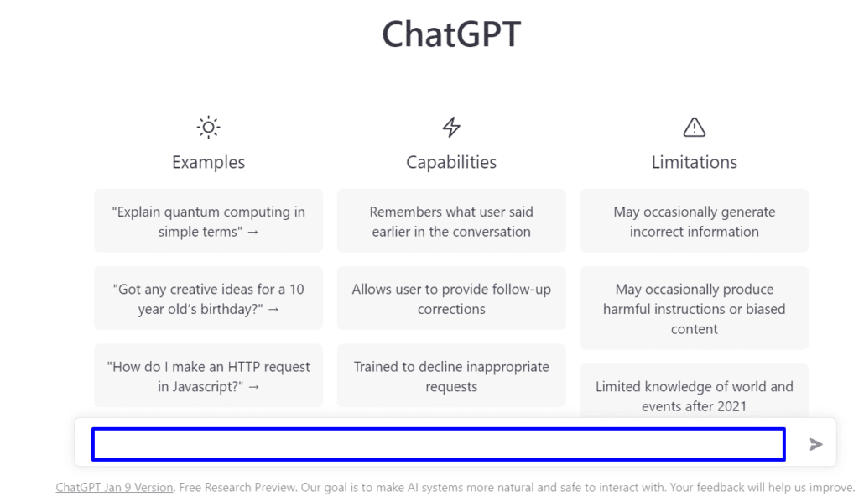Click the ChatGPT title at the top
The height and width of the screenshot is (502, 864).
451,34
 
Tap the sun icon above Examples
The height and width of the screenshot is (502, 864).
208,128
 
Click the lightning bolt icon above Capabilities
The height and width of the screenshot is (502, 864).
451,127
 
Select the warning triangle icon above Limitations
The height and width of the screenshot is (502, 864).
695,128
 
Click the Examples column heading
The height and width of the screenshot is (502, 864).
208,162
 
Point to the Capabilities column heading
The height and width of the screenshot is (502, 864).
451,162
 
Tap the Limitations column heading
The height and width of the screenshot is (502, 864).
695,162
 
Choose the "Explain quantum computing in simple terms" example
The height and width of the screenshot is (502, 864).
208,221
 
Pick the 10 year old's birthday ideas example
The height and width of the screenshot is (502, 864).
208,299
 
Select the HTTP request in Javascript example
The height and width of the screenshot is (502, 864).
208,376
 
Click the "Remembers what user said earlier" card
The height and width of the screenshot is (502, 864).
451,221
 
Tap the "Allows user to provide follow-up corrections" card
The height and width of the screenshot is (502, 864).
451,299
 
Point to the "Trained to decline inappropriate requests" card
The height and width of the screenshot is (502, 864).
451,376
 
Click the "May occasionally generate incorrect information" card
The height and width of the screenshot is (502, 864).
695,221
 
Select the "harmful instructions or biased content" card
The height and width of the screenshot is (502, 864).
695,308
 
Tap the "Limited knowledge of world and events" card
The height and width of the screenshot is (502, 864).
695,391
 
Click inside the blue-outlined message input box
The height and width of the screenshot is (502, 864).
439,444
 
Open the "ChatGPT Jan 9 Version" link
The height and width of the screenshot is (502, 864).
114,487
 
